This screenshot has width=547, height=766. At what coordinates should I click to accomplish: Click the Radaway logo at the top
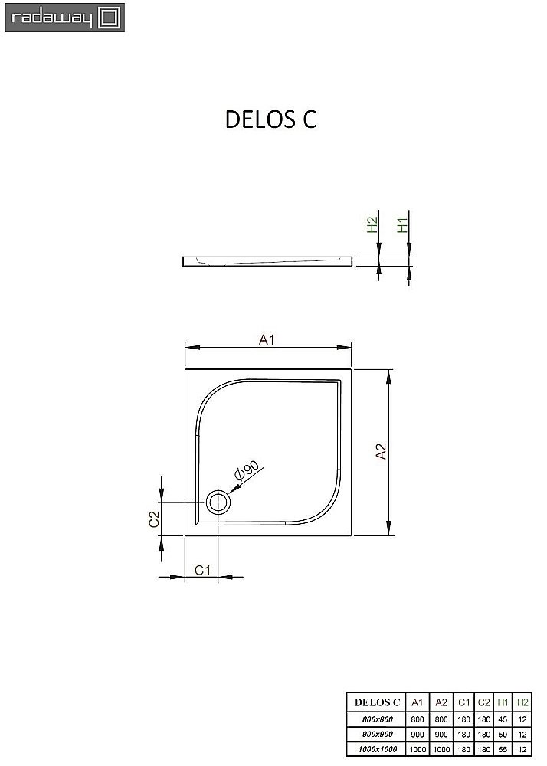[64, 17]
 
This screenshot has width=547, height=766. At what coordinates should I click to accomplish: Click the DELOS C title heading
[270, 119]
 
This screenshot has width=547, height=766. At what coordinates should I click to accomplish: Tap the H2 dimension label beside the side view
[372, 225]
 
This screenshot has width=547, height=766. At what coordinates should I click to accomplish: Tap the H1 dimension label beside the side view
[402, 225]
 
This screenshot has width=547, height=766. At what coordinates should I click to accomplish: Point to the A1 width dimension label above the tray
[266, 339]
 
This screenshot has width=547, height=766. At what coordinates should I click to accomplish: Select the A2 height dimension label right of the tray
[381, 453]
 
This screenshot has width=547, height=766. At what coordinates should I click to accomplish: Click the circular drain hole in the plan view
[218, 503]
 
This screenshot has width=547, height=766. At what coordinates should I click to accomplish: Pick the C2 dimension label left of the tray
[154, 519]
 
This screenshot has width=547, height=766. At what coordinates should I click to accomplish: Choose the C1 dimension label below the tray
[202, 569]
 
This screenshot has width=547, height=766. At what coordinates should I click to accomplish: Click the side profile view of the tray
[268, 261]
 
